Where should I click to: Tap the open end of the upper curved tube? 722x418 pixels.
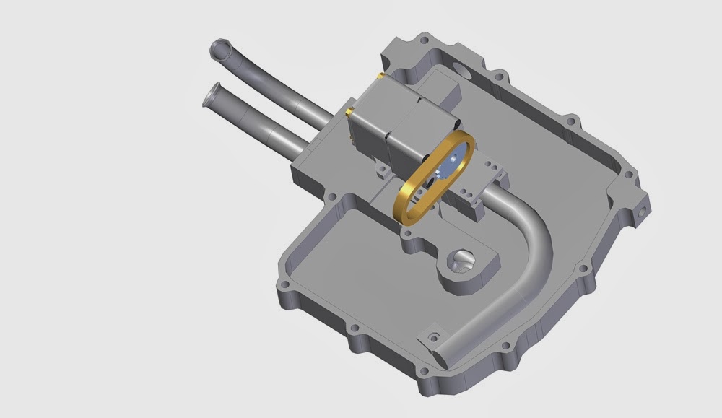point(219,50)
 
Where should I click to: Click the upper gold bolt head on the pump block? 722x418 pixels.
point(378,75)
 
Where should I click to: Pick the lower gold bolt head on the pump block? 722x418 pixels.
point(349,111)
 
